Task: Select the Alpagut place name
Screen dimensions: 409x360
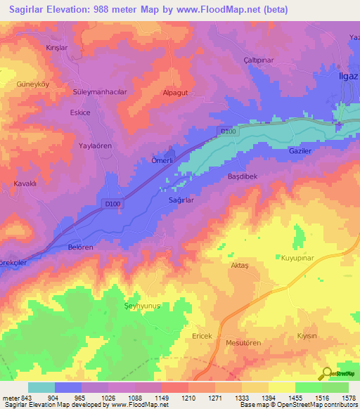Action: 174,91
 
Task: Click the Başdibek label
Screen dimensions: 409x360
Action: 244,176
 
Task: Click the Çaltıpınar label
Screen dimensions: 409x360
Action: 257,60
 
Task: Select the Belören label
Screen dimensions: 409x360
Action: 80,247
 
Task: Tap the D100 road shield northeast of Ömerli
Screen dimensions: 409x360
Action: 226,131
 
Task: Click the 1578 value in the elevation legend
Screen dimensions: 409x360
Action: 348,397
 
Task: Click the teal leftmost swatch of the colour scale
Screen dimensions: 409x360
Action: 41,387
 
